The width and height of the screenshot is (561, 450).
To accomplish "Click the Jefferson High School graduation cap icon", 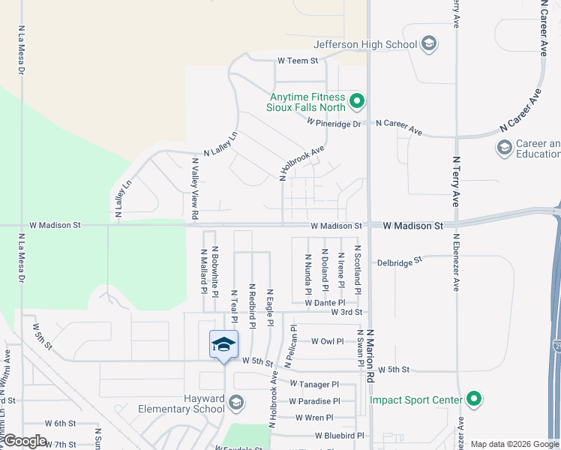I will click(429, 44).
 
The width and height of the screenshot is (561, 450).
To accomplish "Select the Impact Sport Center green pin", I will click(473, 400).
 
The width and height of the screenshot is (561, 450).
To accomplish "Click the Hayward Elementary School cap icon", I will click(236, 403).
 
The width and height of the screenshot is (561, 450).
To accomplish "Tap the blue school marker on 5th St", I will click(223, 345).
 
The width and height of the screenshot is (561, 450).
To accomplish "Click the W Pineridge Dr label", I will click(338, 123).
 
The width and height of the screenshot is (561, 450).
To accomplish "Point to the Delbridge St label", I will click(400, 262).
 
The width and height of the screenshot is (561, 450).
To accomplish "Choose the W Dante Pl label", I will click(325, 302).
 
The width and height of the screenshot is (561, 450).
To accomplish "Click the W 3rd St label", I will click(347, 312).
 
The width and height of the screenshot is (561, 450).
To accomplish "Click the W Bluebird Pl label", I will click(339, 435).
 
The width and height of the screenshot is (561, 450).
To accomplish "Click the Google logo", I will click(25, 441).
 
